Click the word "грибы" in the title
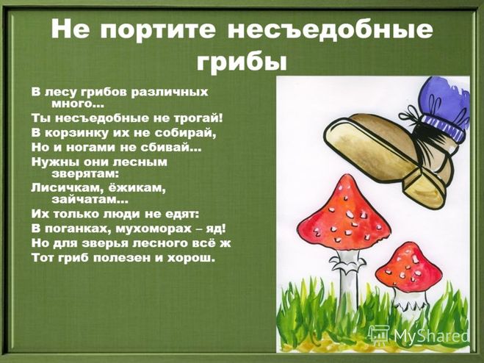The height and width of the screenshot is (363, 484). [x=242, y=62]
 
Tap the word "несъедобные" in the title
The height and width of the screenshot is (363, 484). [x=331, y=29]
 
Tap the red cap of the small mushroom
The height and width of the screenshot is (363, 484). [x=408, y=268]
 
